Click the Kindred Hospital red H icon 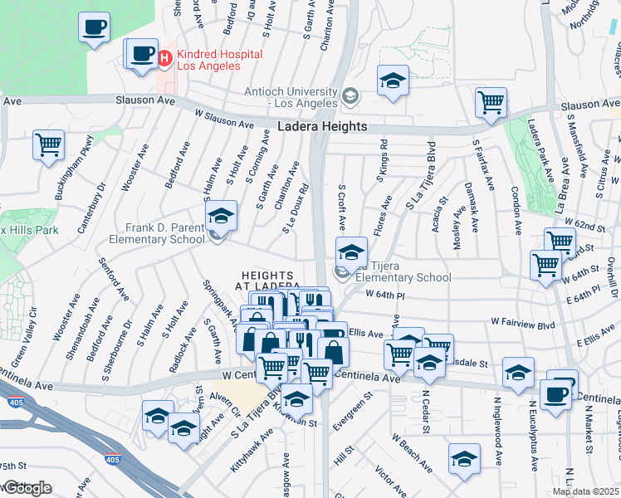pos(164,58)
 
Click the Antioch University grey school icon pos(350,96)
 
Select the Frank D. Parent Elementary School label pos(157,234)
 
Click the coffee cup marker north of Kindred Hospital pos(95,26)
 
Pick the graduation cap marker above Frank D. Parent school pos(221,216)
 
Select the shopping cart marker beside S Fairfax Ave pos(491,102)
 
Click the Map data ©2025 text pos(585,491)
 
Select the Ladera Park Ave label pos(545,166)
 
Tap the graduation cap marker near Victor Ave pos(464,457)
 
